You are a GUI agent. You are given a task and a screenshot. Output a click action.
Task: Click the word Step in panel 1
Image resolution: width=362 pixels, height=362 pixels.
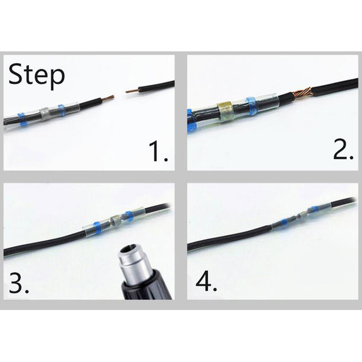click(x=36, y=75)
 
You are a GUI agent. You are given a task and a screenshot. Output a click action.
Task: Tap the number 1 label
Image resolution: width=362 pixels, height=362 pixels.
click(x=158, y=151)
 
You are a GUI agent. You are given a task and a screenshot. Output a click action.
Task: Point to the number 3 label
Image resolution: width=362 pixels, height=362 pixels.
click(x=19, y=282)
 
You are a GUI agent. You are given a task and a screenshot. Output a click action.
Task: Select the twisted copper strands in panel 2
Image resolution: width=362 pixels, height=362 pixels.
click(x=302, y=93)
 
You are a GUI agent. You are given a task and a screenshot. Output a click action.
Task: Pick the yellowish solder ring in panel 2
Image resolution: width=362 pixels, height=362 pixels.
click(x=226, y=112)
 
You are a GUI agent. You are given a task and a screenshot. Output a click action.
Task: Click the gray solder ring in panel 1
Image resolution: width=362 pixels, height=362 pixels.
click(x=45, y=113)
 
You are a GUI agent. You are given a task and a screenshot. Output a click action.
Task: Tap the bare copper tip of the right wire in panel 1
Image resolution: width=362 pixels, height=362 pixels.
click(x=132, y=91)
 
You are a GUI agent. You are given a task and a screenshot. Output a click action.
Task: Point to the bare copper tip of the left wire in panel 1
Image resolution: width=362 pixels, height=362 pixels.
click(x=108, y=98)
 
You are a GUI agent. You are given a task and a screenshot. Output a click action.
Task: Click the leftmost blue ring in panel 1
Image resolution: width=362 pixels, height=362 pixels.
click(x=22, y=119)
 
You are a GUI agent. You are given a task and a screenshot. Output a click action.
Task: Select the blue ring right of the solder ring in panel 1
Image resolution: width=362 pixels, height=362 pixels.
click(x=61, y=110)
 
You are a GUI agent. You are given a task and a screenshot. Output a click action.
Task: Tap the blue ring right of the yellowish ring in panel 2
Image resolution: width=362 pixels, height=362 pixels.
click(x=251, y=106)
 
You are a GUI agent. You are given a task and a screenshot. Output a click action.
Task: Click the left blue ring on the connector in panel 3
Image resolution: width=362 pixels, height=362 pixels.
click(x=97, y=227)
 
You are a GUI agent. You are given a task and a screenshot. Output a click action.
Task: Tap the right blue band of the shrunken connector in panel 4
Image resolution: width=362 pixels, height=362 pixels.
click(x=316, y=208)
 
